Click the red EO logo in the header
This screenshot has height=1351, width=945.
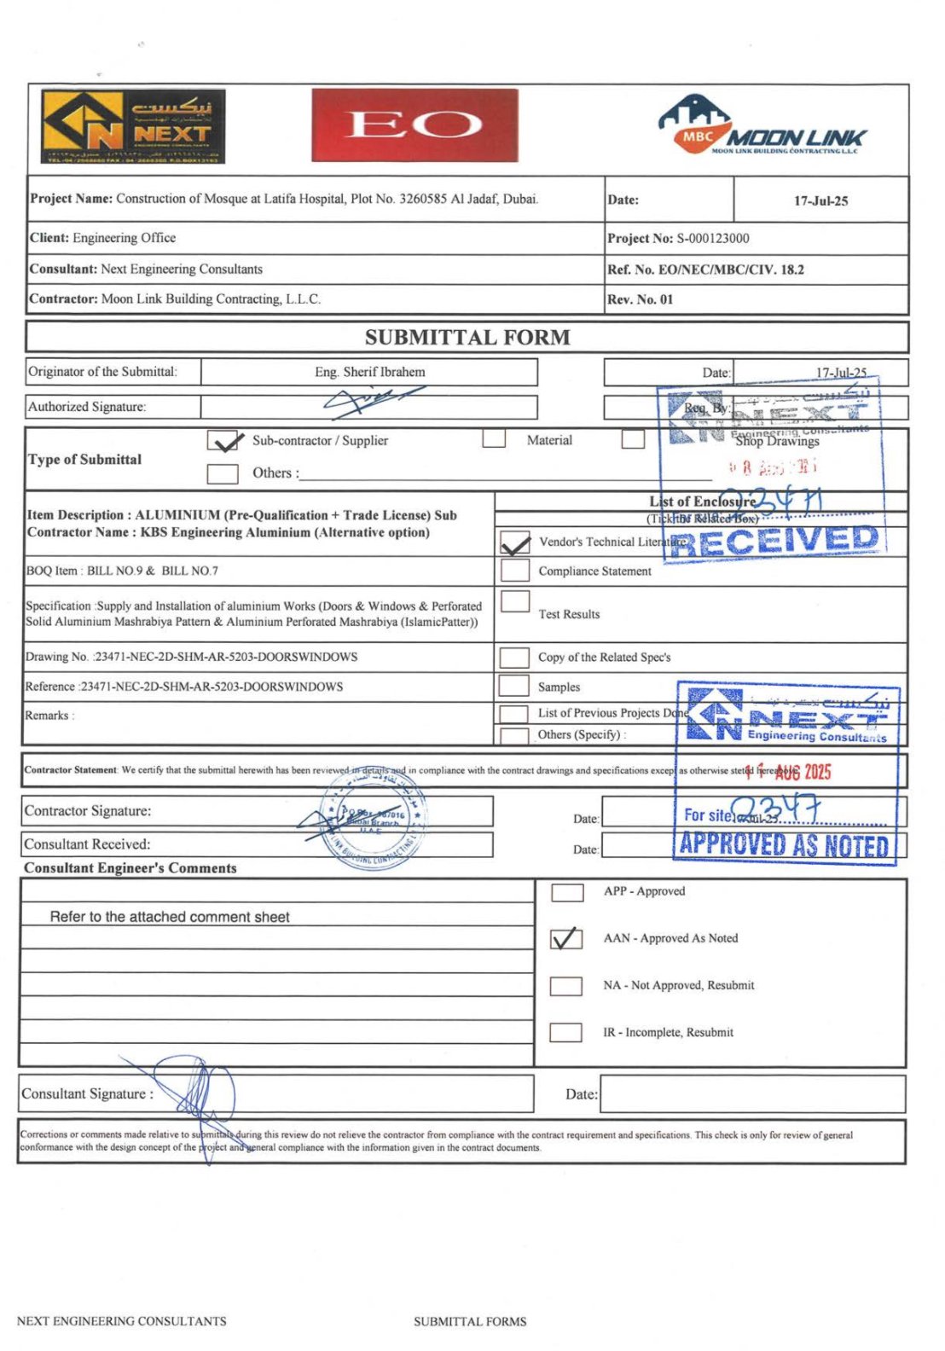[415, 125]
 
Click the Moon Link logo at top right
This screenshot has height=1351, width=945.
[762, 126]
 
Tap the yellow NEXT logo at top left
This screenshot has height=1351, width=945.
[134, 126]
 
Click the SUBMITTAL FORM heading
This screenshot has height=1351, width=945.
[467, 338]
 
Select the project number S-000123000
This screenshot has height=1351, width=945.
[713, 239]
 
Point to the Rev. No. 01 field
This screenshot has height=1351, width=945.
[641, 299]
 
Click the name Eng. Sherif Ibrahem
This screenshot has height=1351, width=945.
[369, 372]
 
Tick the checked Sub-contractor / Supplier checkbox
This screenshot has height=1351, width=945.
[223, 441]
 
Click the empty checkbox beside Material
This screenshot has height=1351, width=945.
[494, 439]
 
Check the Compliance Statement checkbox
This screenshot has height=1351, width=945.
[515, 571]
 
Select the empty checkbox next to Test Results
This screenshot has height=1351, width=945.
[515, 601]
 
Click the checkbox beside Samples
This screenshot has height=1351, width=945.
[513, 686]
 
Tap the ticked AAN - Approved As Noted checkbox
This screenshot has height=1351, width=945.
[566, 938]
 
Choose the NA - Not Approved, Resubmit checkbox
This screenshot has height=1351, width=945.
[566, 986]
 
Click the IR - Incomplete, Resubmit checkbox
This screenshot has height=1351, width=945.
[566, 1032]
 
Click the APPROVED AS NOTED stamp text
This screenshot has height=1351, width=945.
[785, 844]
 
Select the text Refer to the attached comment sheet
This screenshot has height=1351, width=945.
[170, 917]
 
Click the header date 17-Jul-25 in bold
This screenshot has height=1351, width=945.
[820, 201]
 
